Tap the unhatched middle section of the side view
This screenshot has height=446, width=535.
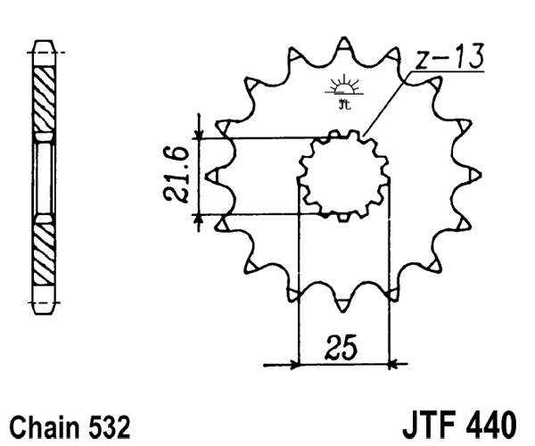coord(44,177)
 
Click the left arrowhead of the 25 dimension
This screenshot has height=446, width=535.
coord(292,364)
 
